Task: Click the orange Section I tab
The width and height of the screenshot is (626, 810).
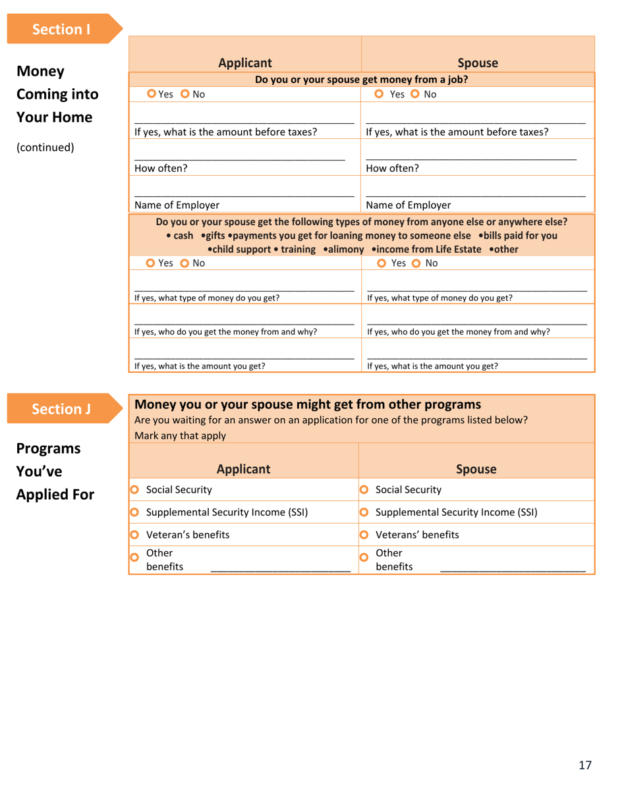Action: point(63,29)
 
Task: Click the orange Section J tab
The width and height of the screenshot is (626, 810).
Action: point(63,409)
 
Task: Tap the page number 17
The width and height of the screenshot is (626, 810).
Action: point(585,765)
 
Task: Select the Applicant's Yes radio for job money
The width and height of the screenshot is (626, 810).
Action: point(152,94)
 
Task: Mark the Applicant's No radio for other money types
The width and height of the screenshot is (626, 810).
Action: point(184,263)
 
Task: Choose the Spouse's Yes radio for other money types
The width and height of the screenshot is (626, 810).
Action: point(383,263)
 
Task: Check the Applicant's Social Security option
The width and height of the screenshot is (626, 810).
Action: point(134,489)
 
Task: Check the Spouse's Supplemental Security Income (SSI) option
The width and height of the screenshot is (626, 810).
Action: point(364,512)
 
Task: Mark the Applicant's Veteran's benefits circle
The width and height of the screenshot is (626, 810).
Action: point(134,535)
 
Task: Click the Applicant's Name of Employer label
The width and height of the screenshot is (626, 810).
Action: point(177,205)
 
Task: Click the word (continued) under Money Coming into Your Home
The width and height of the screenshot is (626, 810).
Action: point(45,147)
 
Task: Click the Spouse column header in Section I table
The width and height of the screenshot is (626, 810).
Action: point(477,64)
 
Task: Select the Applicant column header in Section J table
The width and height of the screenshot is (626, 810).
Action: point(244,469)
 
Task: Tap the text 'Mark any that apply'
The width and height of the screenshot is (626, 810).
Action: point(180,435)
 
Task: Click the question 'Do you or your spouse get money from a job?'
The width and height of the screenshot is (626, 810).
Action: point(361,80)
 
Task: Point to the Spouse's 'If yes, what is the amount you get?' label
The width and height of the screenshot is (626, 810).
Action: point(432,366)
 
